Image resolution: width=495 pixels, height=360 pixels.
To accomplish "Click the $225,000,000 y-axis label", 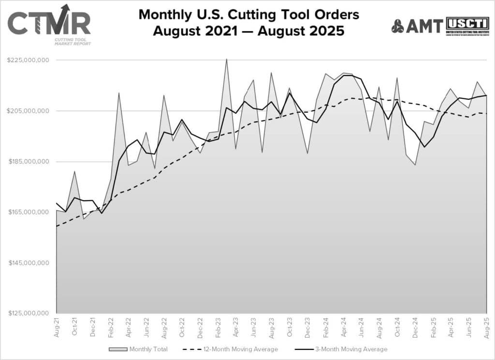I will pos(28,60).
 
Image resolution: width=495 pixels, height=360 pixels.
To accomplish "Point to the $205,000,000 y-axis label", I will pos(28,111).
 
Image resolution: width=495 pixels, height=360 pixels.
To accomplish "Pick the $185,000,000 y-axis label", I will pos(28,162).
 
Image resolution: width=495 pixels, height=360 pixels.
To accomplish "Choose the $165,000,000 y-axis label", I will pos(28,212).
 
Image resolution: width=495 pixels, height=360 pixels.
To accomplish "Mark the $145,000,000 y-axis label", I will pos(28,263).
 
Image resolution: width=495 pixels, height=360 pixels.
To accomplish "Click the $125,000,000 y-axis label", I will pos(28,314).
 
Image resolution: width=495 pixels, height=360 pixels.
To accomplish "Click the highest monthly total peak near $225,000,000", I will pos(227,59).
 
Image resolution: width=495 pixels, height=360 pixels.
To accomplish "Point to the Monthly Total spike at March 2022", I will pos(119,92).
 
